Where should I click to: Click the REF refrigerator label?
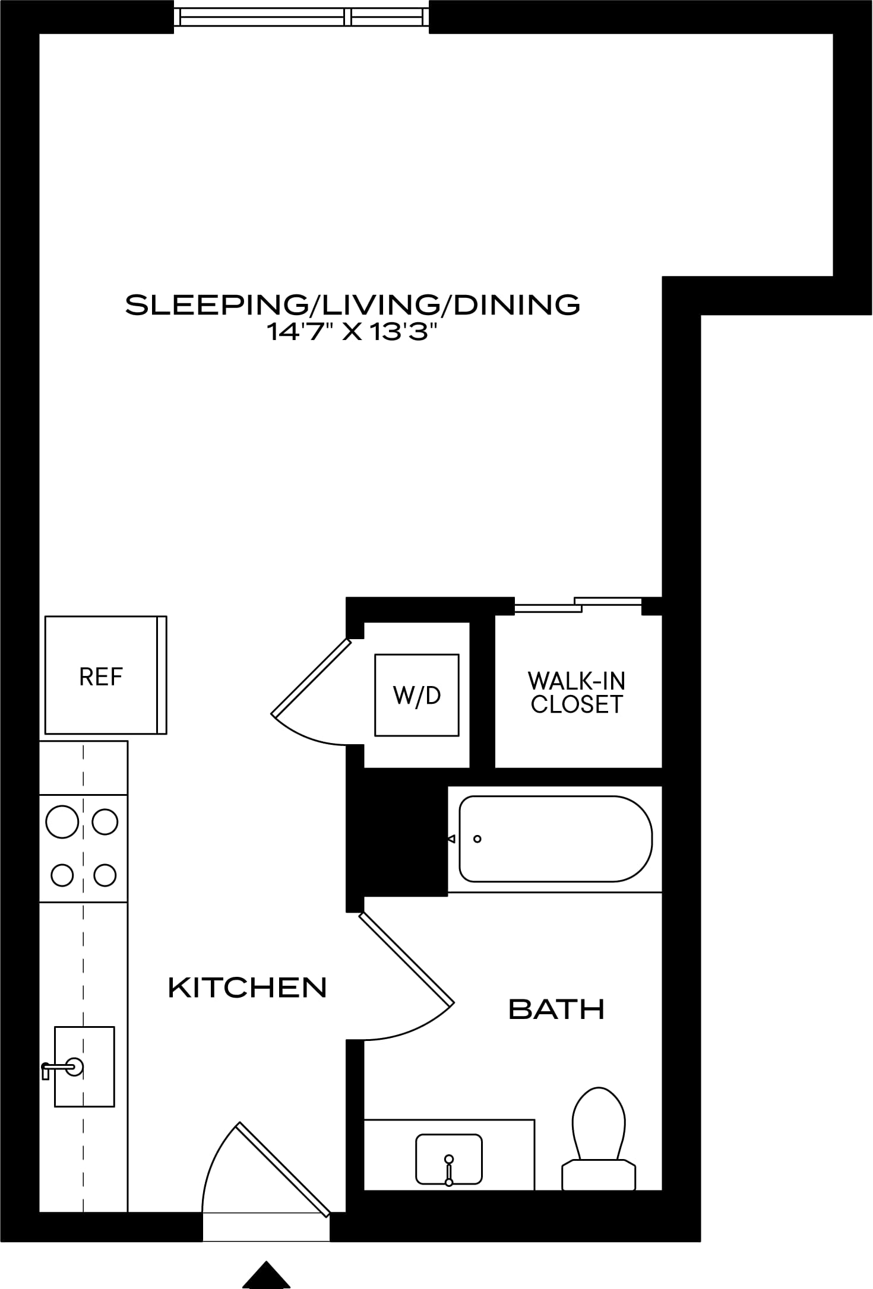pos(101,677)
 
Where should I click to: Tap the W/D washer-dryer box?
pos(417,695)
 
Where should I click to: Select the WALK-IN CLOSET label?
pos(577,692)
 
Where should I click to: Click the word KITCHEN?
pos(248,988)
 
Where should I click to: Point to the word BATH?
pos(556,1009)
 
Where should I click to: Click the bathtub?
pos(556,839)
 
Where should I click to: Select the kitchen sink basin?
pos(84,1066)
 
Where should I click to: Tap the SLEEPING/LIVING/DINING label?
pos(353,304)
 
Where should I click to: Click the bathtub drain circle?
pos(477,839)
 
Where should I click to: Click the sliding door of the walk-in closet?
pos(578,604)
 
